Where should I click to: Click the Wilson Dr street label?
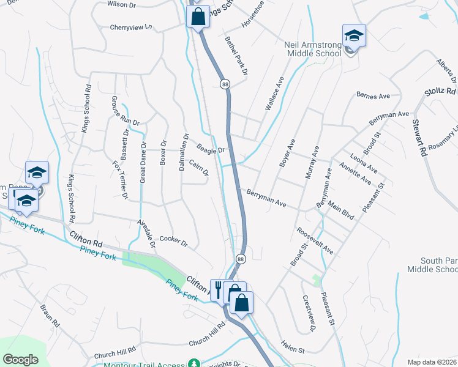[121, 5]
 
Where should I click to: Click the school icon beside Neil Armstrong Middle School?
[354, 36]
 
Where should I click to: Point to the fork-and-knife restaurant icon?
[219, 289]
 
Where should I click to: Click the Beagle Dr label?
[211, 149]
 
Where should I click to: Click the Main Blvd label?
[341, 210]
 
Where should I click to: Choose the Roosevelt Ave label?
[315, 241]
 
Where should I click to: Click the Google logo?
[21, 359]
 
